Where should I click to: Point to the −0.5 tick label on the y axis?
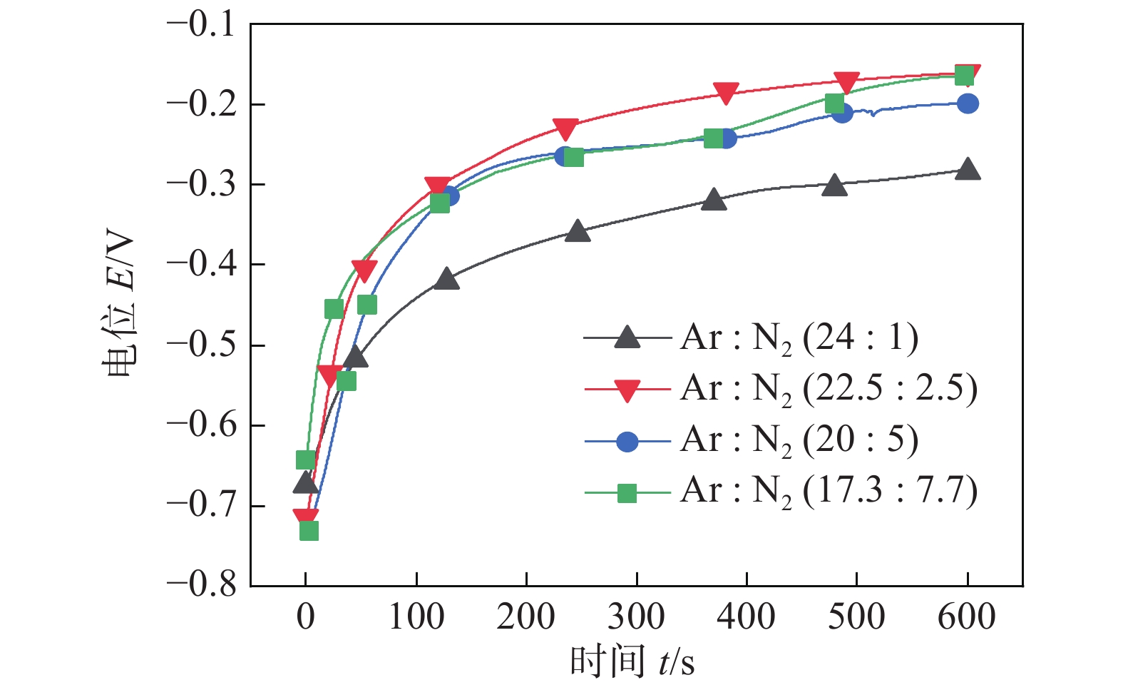tap(201, 345)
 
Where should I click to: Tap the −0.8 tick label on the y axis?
tap(201, 584)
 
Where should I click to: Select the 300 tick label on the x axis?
tap(636, 617)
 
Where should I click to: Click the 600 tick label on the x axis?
tap(967, 617)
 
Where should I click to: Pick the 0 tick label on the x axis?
tap(305, 617)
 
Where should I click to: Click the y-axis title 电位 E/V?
tap(118, 307)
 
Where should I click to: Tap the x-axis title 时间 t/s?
tap(632, 661)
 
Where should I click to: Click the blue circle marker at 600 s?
tap(968, 103)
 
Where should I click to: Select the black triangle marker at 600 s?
tap(968, 170)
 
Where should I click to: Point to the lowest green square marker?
tap(309, 531)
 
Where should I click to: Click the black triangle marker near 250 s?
tap(578, 231)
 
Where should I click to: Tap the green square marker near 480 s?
tap(835, 103)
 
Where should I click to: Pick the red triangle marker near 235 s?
tap(565, 129)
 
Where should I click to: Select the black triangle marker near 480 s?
tap(834, 186)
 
